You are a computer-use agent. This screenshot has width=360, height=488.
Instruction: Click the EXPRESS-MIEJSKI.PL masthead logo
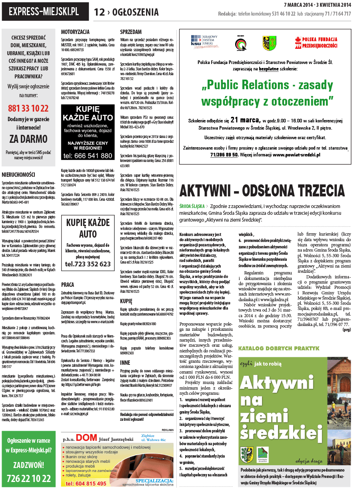pos(45,12)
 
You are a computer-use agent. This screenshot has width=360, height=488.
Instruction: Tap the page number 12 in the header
pos(99,12)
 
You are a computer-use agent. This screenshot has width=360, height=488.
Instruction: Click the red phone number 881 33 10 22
pos(28,108)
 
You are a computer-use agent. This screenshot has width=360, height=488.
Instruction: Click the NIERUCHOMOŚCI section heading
pos(18,175)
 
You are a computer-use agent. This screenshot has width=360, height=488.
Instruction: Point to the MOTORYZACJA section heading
pos(75,32)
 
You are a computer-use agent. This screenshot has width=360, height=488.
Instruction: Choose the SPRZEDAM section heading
pos(131,32)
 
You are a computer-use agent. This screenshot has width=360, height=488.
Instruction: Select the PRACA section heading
pos(67,285)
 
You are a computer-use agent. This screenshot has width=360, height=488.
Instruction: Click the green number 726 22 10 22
pos(28,478)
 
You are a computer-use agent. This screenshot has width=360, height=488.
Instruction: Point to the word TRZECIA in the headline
pos(315,190)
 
